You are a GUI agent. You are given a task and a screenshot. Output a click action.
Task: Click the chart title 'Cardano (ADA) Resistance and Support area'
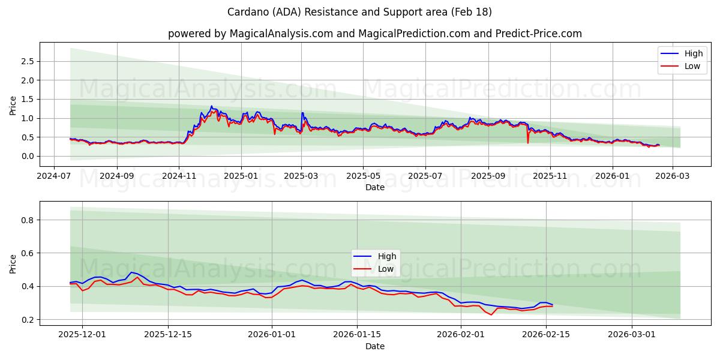[x=359, y=12]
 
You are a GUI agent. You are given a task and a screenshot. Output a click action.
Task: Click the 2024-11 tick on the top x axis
[x=179, y=177]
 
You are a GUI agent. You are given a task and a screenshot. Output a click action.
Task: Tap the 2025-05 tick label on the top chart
[x=363, y=177]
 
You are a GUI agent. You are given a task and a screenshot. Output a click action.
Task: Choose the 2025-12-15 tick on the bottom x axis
[x=168, y=335]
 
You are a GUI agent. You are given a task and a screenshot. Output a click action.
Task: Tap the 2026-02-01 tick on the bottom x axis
[x=461, y=335]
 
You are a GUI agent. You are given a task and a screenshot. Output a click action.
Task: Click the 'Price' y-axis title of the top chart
[x=13, y=104]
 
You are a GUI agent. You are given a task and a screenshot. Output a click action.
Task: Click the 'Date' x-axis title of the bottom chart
[x=375, y=346]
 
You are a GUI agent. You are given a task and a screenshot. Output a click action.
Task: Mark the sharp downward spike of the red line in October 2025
[x=528, y=142]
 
